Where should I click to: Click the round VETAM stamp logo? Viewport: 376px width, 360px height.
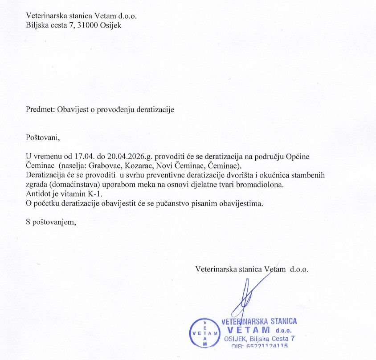[x=204, y=333]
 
